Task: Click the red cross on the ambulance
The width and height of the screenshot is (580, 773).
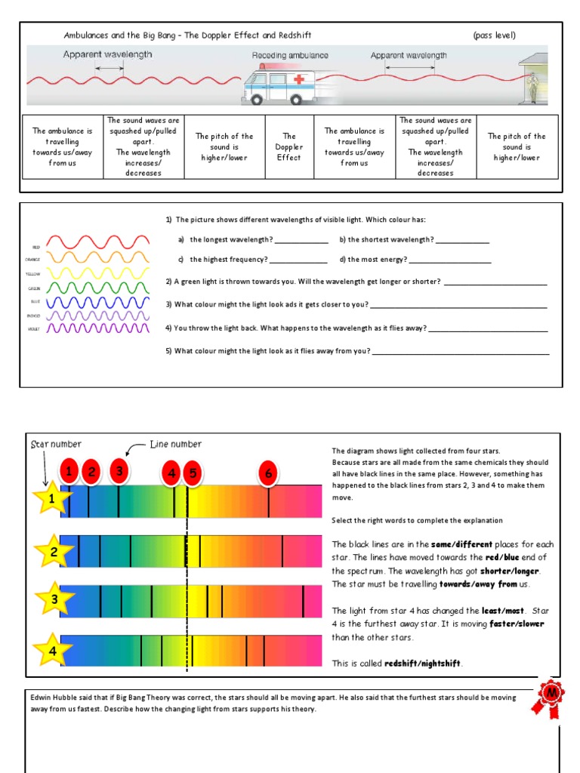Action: click(298, 79)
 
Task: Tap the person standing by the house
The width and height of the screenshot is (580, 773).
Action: click(533, 87)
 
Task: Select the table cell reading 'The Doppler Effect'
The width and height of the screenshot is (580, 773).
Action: click(289, 147)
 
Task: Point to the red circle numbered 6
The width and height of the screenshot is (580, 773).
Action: click(267, 473)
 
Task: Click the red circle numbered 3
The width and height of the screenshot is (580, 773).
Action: click(119, 472)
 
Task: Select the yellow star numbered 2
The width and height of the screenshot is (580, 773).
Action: click(54, 552)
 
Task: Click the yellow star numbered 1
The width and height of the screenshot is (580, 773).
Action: click(51, 499)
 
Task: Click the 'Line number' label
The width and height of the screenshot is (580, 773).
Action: click(176, 445)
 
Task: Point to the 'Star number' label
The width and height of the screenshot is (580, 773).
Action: click(56, 445)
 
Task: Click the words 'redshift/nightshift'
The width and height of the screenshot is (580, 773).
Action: click(422, 664)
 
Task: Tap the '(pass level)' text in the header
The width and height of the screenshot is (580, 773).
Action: click(495, 35)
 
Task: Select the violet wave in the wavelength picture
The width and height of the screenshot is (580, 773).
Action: click(98, 328)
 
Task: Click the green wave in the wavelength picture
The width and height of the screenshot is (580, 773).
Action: click(98, 288)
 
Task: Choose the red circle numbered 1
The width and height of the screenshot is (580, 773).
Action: click(69, 473)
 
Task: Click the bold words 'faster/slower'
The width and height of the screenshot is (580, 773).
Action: click(517, 624)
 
